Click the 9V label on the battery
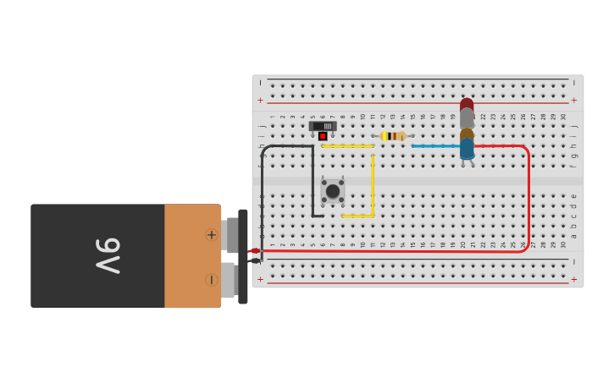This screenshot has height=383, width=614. click(108, 255)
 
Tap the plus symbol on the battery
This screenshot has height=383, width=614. click(211, 234)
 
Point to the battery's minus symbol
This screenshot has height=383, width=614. click(211, 280)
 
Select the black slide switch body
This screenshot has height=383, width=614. click(323, 126)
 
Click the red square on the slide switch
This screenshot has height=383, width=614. click(323, 135)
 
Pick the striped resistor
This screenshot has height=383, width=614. click(393, 136)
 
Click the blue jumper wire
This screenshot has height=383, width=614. click(435, 146)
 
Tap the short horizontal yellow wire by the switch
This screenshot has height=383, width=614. click(347, 146)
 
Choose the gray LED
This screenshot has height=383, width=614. click(467, 117)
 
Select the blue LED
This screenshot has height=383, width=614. click(467, 150)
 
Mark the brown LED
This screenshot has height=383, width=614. click(467, 134)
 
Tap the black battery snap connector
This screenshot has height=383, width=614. click(243, 256)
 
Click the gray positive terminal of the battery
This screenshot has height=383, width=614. click(231, 234)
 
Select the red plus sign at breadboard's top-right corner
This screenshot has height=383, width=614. click(573, 100)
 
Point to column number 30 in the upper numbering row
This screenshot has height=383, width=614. click(563, 117)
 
